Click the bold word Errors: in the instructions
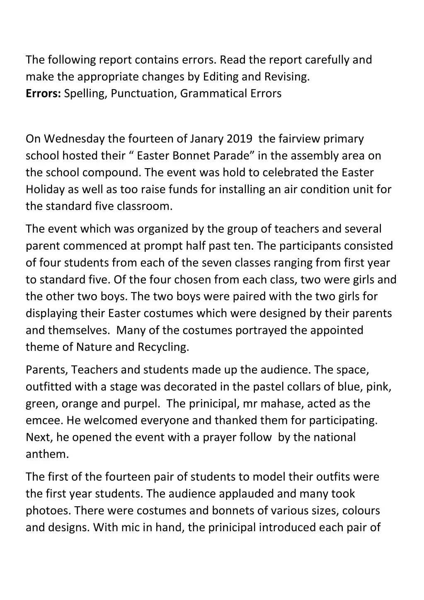44,94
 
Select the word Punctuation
143,94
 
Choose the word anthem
47,455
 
